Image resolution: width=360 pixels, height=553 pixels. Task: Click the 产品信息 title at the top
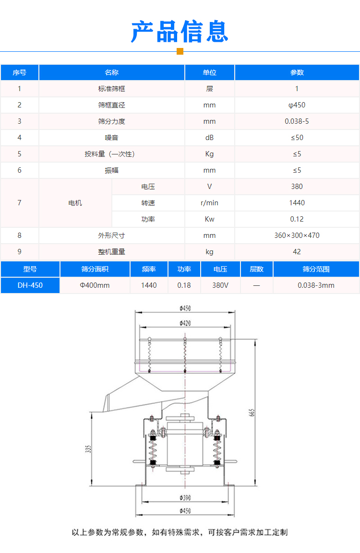pos(180,32)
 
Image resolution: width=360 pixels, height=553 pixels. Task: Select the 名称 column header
pos(111,72)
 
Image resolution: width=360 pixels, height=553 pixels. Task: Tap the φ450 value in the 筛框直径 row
pos(297,105)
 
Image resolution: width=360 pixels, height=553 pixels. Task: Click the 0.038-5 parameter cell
pos(297,121)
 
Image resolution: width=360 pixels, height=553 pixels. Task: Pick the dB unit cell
pos(209,138)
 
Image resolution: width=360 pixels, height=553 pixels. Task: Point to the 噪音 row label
pos(111,138)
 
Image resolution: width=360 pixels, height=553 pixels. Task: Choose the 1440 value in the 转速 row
pos(297,203)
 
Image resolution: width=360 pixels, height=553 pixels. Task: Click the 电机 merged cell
pos(75,203)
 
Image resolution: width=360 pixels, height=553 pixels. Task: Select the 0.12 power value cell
pos(297,219)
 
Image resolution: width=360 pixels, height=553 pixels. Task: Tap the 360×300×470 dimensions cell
pos(297,235)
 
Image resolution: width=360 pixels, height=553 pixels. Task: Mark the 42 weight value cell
pos(297,252)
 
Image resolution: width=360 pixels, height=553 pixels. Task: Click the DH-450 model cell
pos(30,285)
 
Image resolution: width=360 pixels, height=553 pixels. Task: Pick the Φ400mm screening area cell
pos(95,285)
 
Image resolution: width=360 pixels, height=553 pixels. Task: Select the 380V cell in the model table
pos(220,285)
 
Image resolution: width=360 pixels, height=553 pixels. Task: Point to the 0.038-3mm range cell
pos(316,285)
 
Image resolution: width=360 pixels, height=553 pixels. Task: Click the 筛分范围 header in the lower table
pos(316,269)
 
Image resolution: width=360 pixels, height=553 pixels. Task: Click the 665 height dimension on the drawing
pos(251,412)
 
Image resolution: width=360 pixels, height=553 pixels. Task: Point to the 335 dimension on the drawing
pos(88,449)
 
